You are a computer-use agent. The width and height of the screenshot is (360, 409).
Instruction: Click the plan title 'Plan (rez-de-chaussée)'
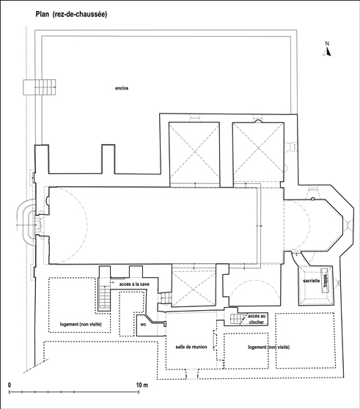(x=71, y=14)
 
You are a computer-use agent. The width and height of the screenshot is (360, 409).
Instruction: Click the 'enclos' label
(x=122, y=88)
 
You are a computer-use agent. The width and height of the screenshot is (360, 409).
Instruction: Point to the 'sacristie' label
(x=311, y=281)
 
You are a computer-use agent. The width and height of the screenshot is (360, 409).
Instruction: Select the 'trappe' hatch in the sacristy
(x=325, y=281)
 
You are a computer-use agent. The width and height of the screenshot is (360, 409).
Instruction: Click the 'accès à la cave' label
(x=134, y=284)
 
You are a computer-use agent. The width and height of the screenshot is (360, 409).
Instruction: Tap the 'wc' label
(x=143, y=325)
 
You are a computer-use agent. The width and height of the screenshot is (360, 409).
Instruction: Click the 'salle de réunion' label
(x=191, y=347)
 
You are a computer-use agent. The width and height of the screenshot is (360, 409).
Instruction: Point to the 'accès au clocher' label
(x=257, y=319)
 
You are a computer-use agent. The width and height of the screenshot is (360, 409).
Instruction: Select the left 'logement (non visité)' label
(x=81, y=324)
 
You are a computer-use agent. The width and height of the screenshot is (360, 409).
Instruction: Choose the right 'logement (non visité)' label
(x=268, y=347)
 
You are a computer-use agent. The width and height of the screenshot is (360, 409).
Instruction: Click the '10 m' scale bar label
(x=142, y=385)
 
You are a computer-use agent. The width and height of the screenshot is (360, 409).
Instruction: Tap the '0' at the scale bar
(x=10, y=385)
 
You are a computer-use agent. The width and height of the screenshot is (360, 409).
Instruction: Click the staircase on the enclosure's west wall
(x=40, y=87)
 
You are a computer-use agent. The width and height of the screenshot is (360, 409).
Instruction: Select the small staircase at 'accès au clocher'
(x=238, y=319)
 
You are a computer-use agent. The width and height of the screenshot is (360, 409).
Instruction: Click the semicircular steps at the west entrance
(x=25, y=221)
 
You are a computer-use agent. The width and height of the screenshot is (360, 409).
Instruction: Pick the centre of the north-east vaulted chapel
(x=258, y=148)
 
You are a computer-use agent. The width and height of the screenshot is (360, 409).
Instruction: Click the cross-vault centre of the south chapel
(x=194, y=287)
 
